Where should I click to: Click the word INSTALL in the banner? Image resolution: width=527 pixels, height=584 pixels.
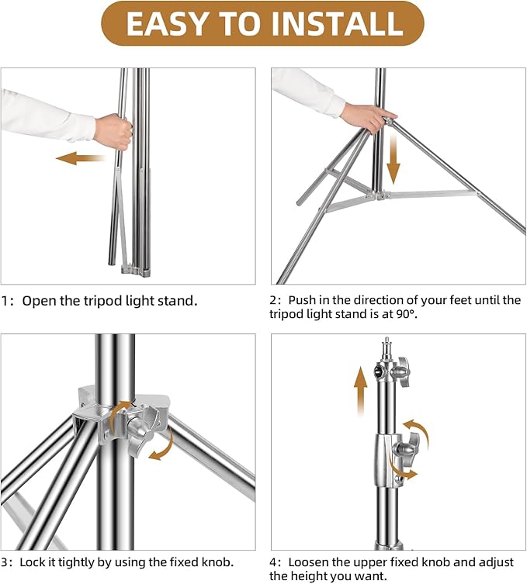pos(337,23)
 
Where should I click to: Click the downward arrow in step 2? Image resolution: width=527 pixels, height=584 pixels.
pos(394,160)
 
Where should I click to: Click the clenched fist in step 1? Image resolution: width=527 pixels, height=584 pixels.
pos(113,132)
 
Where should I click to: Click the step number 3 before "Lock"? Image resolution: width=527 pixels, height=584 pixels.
pos(5,563)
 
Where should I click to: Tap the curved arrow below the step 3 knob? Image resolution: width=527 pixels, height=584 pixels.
pos(161,444)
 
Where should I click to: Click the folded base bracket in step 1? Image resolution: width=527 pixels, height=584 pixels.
pos(136,271)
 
